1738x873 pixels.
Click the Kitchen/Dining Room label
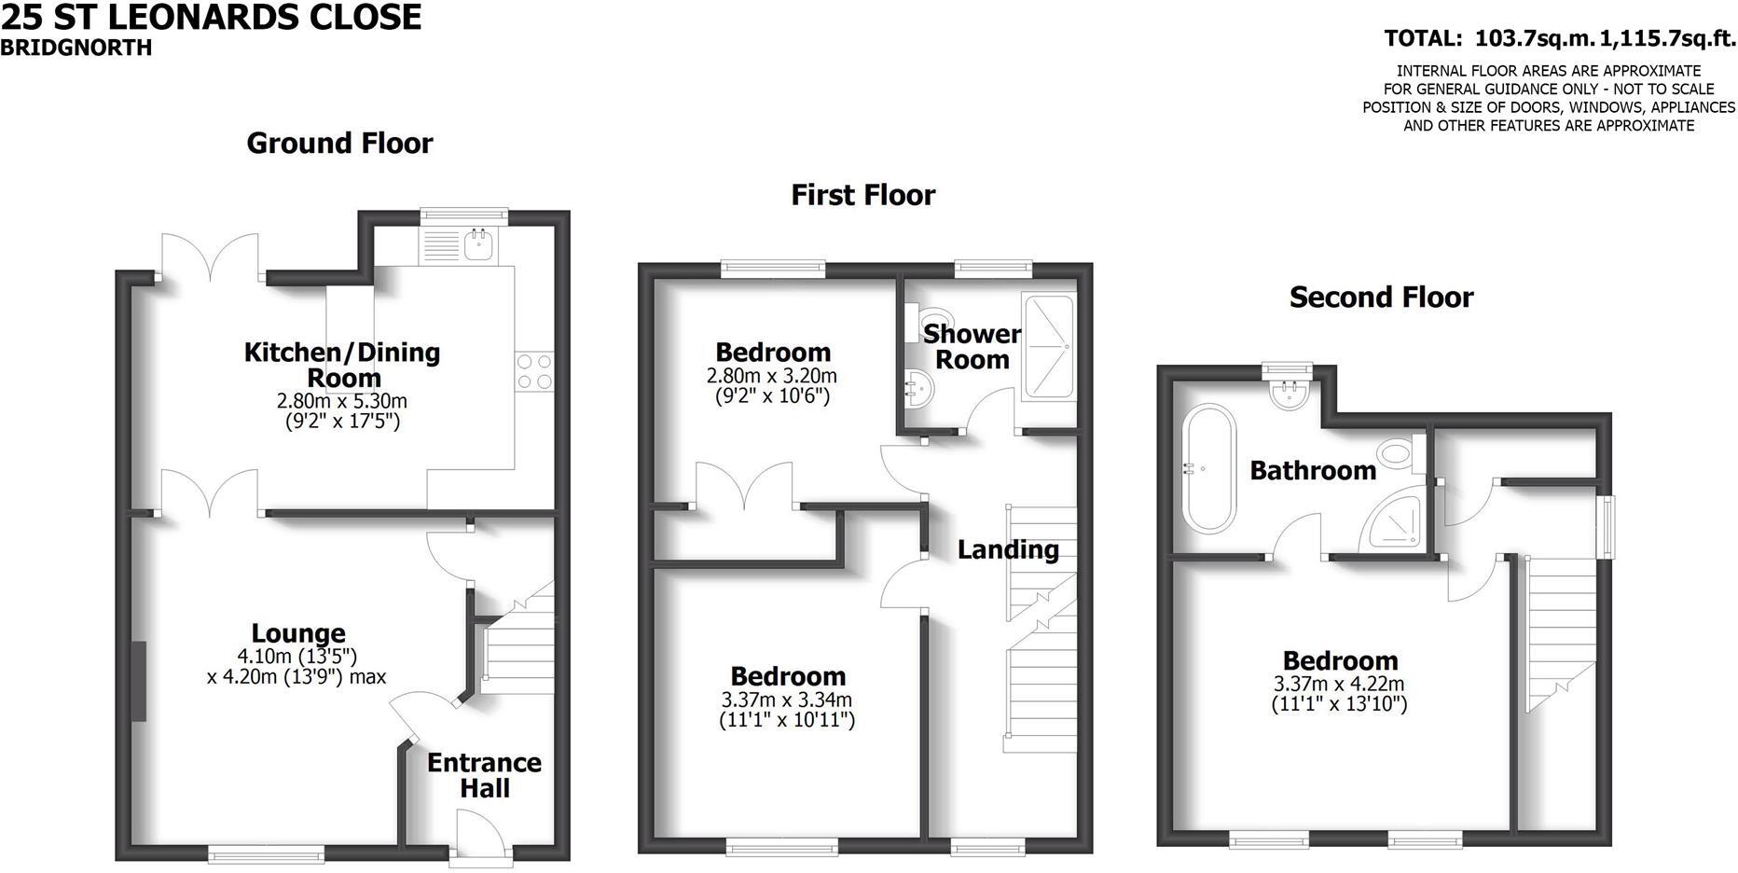[x=341, y=365]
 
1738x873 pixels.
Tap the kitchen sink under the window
[x=482, y=244]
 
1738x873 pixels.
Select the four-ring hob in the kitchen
[x=534, y=371]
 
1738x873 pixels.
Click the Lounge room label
[x=298, y=634]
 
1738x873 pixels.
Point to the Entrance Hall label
[x=484, y=775]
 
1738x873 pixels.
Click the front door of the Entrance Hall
[x=479, y=837]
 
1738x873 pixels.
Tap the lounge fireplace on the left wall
[x=139, y=681]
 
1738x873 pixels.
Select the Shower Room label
[x=972, y=346]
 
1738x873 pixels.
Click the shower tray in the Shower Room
[x=1048, y=347]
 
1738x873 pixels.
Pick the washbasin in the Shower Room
[x=917, y=388]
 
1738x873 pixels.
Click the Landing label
[x=1008, y=549]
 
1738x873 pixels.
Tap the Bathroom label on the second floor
[x=1312, y=470]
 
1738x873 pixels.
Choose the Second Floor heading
[x=1381, y=298]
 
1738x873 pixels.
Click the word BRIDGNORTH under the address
[x=76, y=48]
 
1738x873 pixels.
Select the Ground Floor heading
[x=339, y=143]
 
